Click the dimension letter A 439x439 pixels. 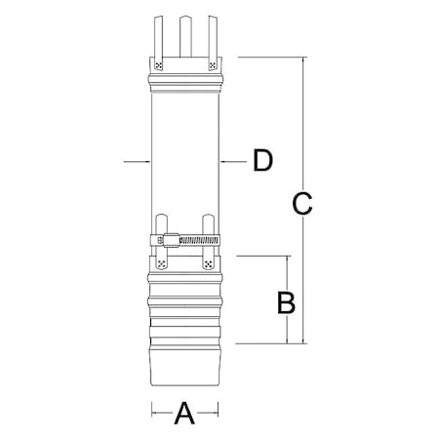pyautogui.click(x=183, y=415)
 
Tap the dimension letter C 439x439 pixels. pyautogui.click(x=302, y=204)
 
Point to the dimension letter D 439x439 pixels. pyautogui.click(x=261, y=160)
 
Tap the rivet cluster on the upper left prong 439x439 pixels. pyautogui.click(x=158, y=66)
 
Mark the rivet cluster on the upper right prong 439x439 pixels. pyautogui.click(x=212, y=66)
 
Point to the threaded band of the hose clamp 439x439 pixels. pyautogui.click(x=199, y=240)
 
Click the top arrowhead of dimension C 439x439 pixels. pyautogui.click(x=303, y=60)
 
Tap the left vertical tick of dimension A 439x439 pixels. pyautogui.click(x=151, y=414)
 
